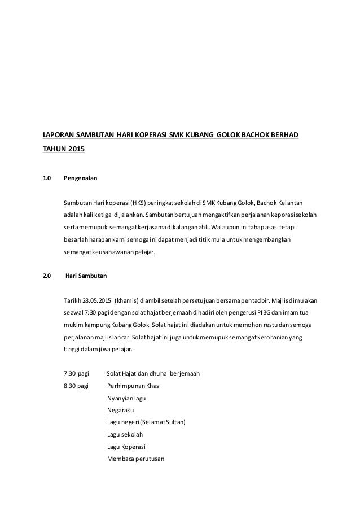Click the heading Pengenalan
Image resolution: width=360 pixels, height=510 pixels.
pos(80,178)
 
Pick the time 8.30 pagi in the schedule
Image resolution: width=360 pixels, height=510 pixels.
pos(76,386)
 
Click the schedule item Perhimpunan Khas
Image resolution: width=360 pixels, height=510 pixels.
pos(133,386)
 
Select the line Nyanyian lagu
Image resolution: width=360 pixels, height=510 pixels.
pos(126,399)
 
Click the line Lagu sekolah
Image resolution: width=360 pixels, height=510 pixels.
pos(125,434)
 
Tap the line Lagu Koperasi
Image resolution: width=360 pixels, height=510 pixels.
pos(125,446)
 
